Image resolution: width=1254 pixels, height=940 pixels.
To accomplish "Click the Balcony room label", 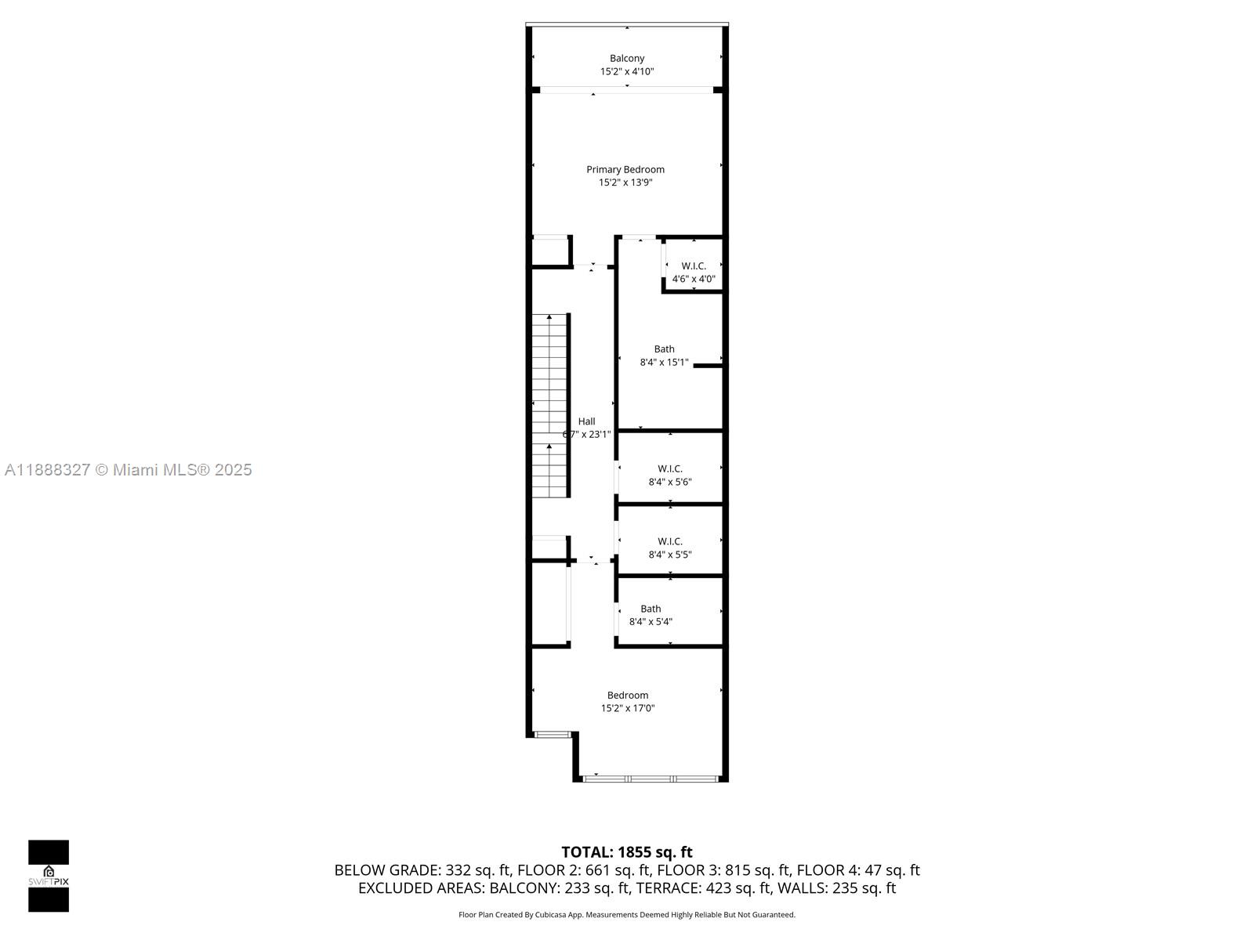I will (x=627, y=58).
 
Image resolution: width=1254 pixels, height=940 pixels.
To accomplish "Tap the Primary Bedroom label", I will (x=625, y=169).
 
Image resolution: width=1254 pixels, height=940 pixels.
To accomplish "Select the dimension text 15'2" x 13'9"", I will (x=625, y=183).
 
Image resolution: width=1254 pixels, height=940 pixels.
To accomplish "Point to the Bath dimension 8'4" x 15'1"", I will (x=664, y=362).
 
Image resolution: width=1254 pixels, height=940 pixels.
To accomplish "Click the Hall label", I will (x=586, y=421).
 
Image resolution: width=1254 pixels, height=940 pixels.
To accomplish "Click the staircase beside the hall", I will (x=550, y=405).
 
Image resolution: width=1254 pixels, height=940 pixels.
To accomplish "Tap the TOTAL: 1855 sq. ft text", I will (x=627, y=852).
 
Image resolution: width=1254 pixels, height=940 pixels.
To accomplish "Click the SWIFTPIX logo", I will (x=49, y=876).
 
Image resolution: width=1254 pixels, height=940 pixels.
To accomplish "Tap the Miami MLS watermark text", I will (x=129, y=470).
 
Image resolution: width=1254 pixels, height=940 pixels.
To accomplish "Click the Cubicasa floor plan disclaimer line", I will (x=627, y=915).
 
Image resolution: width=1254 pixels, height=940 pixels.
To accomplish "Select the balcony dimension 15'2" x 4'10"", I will (x=627, y=71).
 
